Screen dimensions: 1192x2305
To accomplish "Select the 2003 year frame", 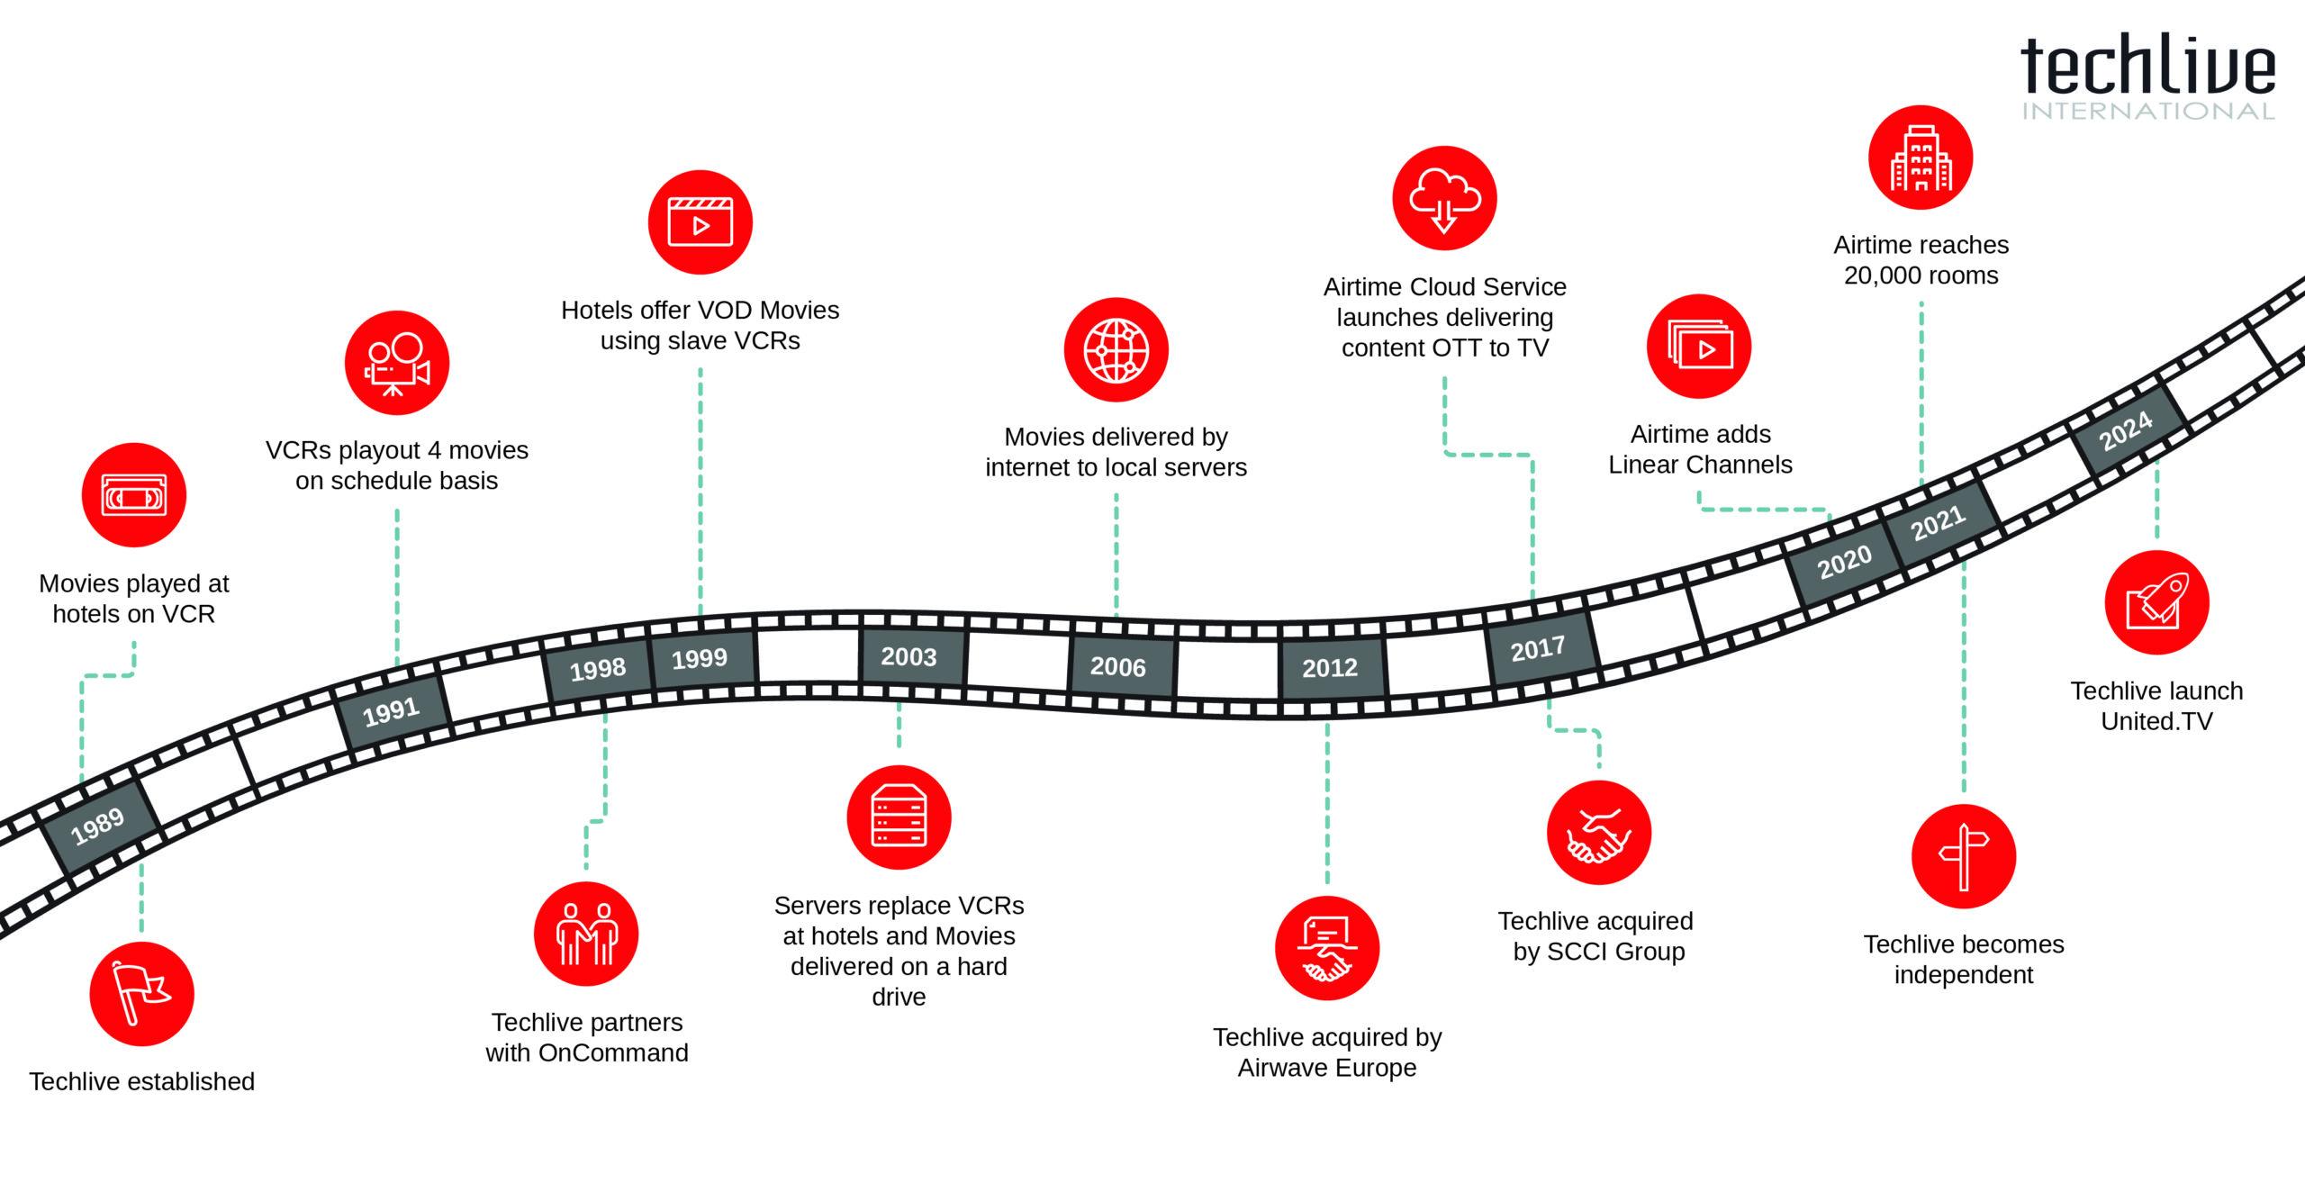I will pyautogui.click(x=909, y=656).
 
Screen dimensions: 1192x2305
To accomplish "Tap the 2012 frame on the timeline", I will pyautogui.click(x=1330, y=668).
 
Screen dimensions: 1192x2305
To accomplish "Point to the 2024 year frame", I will pyautogui.click(x=2127, y=431).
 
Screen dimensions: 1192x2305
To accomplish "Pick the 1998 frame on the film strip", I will pyautogui.click(x=598, y=669).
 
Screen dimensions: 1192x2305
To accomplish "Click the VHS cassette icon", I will pyautogui.click(x=134, y=495).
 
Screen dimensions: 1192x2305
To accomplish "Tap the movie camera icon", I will pyautogui.click(x=397, y=364).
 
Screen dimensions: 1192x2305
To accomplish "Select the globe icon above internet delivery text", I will pyautogui.click(x=1116, y=350).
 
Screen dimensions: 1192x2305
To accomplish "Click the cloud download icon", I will pyautogui.click(x=1444, y=199).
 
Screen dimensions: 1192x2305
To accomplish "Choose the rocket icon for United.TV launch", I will pyautogui.click(x=2156, y=602).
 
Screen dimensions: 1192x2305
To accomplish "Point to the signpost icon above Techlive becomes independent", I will pyautogui.click(x=1964, y=855).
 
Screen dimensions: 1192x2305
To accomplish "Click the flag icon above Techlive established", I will pyautogui.click(x=142, y=994).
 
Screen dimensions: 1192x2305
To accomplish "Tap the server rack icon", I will pyautogui.click(x=899, y=817).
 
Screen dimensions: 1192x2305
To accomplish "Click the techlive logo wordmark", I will pyautogui.click(x=2147, y=67).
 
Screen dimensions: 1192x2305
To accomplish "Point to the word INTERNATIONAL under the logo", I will pyautogui.click(x=2147, y=112).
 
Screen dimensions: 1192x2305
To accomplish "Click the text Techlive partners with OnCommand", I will pyautogui.click(x=587, y=1037).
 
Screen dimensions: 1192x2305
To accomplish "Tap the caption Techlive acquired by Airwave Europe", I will pyautogui.click(x=1327, y=1052).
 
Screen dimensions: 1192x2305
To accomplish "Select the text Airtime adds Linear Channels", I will pyautogui.click(x=1701, y=449).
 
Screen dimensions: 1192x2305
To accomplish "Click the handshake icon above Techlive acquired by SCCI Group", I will pyautogui.click(x=1598, y=834).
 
